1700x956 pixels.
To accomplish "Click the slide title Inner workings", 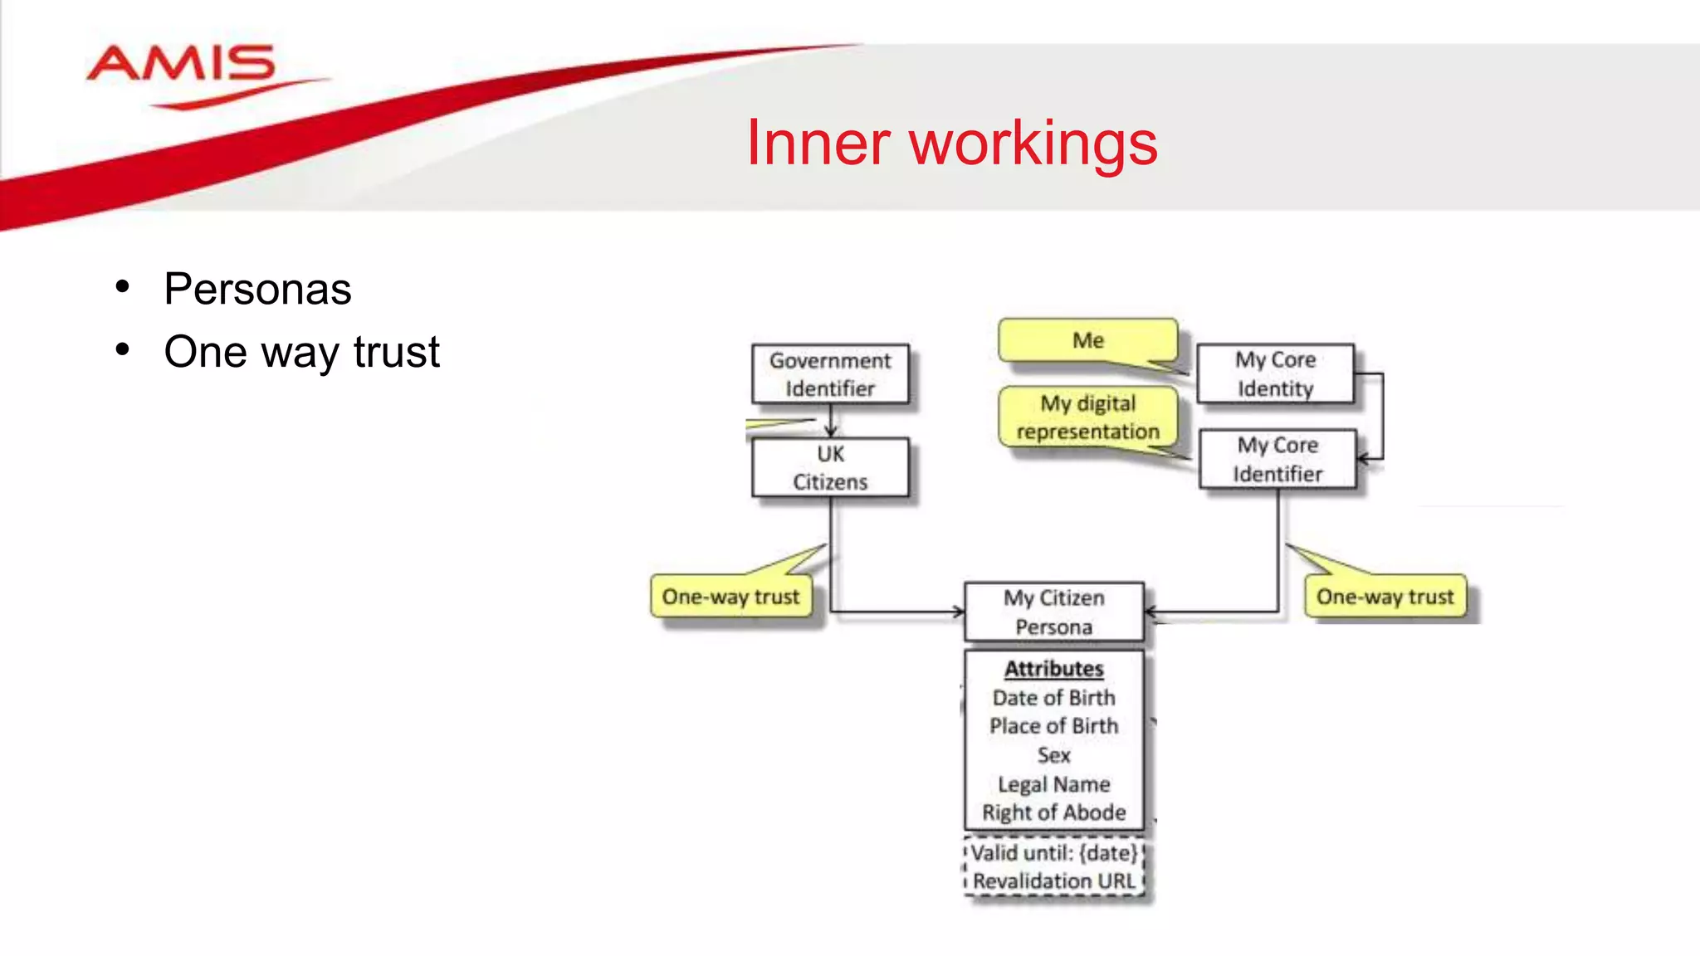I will click(x=951, y=144).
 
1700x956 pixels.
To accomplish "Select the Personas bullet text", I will click(x=257, y=289).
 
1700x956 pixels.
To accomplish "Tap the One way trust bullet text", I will click(x=301, y=352).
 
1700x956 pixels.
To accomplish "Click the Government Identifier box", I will click(x=830, y=374).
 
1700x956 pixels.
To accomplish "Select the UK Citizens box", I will click(x=830, y=468).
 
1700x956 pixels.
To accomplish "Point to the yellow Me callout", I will click(x=1087, y=340).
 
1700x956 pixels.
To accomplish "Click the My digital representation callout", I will click(x=1087, y=417).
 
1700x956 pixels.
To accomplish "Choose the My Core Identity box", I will click(x=1275, y=374).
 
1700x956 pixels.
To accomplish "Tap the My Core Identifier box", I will click(x=1277, y=460).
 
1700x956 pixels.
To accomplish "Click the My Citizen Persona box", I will click(x=1053, y=612).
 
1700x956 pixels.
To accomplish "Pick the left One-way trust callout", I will click(x=730, y=597).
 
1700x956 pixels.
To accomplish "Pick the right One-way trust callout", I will click(x=1385, y=597).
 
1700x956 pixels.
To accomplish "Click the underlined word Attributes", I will click(x=1053, y=669).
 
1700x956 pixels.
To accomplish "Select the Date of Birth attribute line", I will click(x=1053, y=698).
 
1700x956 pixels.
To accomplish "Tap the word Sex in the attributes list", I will click(x=1053, y=755).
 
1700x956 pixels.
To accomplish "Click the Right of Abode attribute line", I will click(x=1053, y=812).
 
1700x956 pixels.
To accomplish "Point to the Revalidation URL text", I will click(x=1053, y=881).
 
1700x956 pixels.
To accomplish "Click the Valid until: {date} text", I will click(x=1053, y=853).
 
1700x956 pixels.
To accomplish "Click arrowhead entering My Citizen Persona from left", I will click(x=959, y=612).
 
